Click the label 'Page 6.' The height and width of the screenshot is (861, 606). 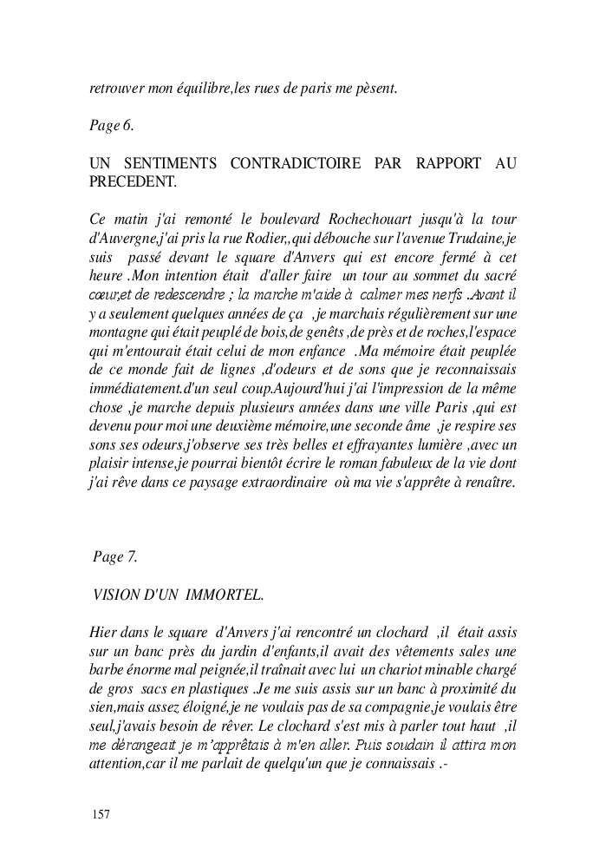pos(111,125)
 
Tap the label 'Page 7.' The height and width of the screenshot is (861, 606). pos(114,557)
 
